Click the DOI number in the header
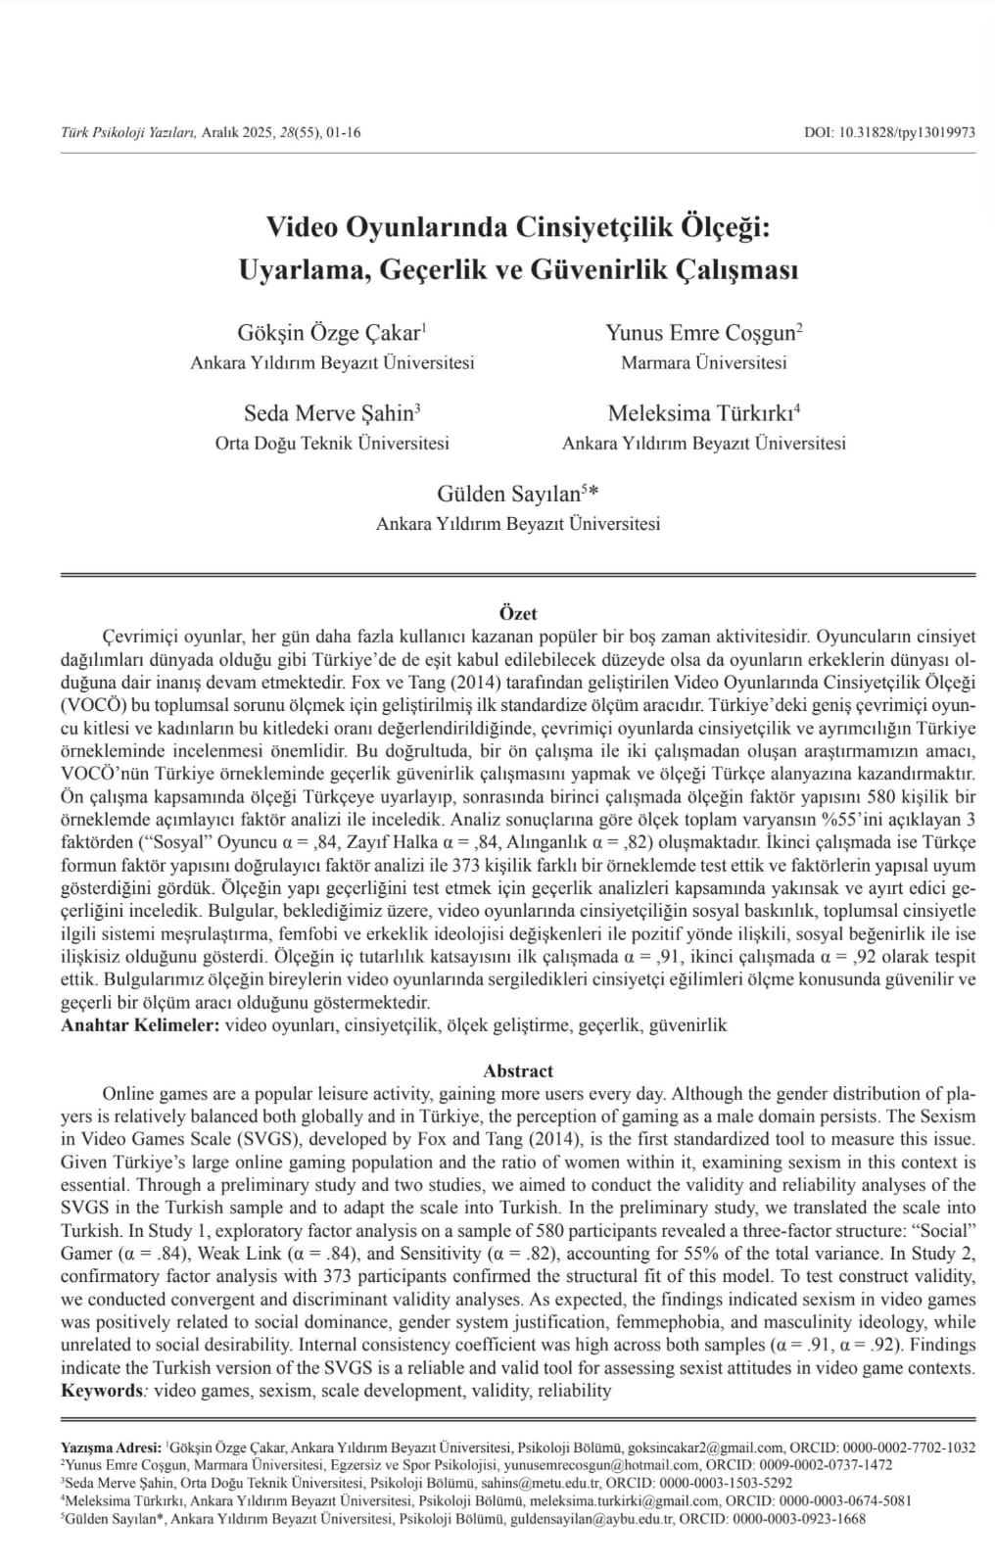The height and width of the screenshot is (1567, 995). (906, 132)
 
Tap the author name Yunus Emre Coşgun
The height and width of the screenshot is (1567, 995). (701, 332)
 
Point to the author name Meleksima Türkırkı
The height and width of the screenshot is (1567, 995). (701, 412)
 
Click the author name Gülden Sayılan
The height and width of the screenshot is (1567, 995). (509, 493)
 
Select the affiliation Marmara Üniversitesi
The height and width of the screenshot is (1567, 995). (703, 362)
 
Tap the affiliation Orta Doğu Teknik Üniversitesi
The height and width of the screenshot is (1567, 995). (332, 443)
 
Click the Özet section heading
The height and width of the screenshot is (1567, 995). (518, 613)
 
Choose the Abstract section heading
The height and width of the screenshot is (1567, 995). (518, 1070)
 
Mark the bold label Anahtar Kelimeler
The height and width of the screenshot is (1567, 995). (140, 1025)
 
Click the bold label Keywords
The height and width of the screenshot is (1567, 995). (102, 1390)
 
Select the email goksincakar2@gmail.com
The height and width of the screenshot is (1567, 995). (705, 1447)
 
